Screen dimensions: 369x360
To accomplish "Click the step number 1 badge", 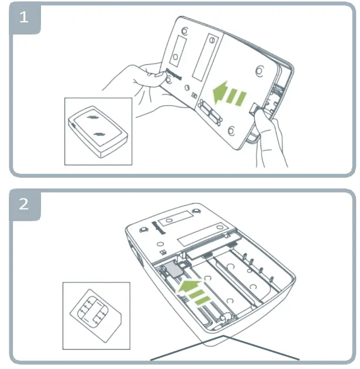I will click(x=23, y=19).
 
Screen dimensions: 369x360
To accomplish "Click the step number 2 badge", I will click(x=23, y=204).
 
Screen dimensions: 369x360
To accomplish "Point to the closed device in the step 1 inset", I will click(x=98, y=130).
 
